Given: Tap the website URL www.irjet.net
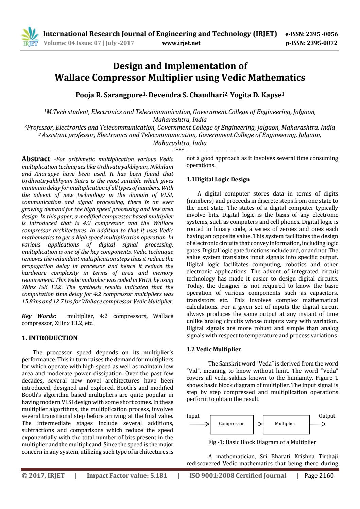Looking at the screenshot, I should (x=181, y=43).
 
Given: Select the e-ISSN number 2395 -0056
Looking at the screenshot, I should (x=322, y=34).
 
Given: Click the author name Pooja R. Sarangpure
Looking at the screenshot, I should (x=108, y=95).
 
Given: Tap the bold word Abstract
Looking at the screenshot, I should (x=36, y=159).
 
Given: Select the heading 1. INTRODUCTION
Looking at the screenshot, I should (x=50, y=338).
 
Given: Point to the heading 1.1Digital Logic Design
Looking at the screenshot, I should (x=218, y=179).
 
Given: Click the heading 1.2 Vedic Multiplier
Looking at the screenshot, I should (x=214, y=349).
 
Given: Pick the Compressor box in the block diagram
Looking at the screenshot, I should (x=232, y=424).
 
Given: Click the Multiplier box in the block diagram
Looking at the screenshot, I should (x=285, y=424).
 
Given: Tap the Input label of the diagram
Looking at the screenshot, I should (x=193, y=416).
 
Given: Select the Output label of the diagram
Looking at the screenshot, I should (x=327, y=416).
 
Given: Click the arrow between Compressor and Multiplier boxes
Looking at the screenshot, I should (x=258, y=424).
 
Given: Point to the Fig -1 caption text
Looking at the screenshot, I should (x=262, y=442).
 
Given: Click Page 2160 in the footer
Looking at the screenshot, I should (x=319, y=475).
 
